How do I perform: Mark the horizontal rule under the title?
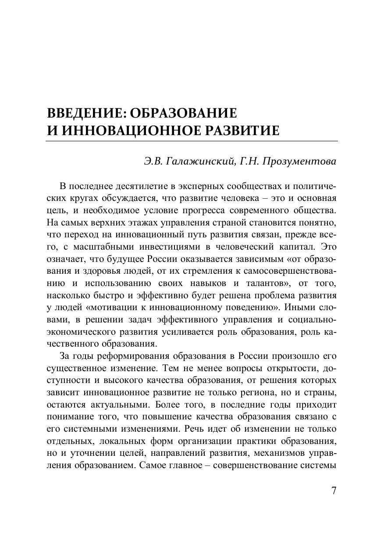coord(192,141)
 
